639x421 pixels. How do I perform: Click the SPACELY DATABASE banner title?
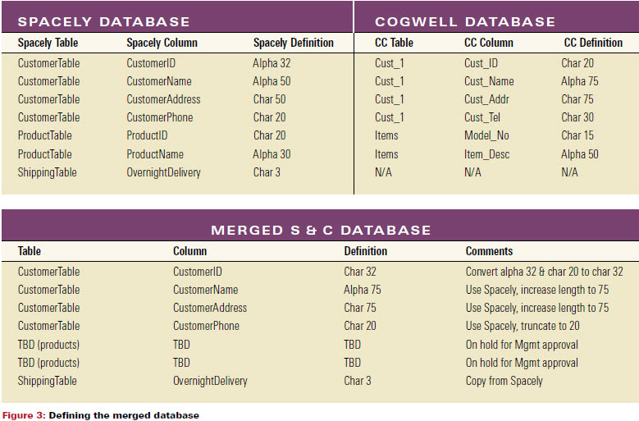pos(103,21)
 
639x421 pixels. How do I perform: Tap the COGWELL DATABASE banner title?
pos(465,21)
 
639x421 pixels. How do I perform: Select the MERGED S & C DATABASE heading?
pos(321,231)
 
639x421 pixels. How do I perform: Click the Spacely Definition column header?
pos(294,43)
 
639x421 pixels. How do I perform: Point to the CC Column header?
pos(489,43)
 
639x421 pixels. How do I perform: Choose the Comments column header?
pos(489,251)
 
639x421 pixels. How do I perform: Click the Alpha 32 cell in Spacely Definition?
pos(272,63)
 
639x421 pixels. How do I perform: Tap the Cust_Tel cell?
pos(482,117)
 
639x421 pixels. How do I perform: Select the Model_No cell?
pos(486,135)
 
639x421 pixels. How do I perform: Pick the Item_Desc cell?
pos(486,154)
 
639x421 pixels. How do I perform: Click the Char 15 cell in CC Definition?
pos(577,135)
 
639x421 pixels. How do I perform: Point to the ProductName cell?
pos(155,154)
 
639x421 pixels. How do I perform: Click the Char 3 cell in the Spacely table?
pos(267,172)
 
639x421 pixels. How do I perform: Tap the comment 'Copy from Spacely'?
pos(504,381)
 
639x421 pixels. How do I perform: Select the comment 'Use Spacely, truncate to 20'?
pos(523,326)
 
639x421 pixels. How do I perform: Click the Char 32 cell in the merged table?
pos(360,272)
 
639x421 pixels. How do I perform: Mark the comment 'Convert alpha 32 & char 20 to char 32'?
pos(544,272)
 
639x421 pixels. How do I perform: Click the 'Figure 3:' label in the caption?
pos(24,415)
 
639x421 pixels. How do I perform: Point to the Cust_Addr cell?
pos(486,99)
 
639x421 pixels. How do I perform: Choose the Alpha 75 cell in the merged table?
pos(363,290)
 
